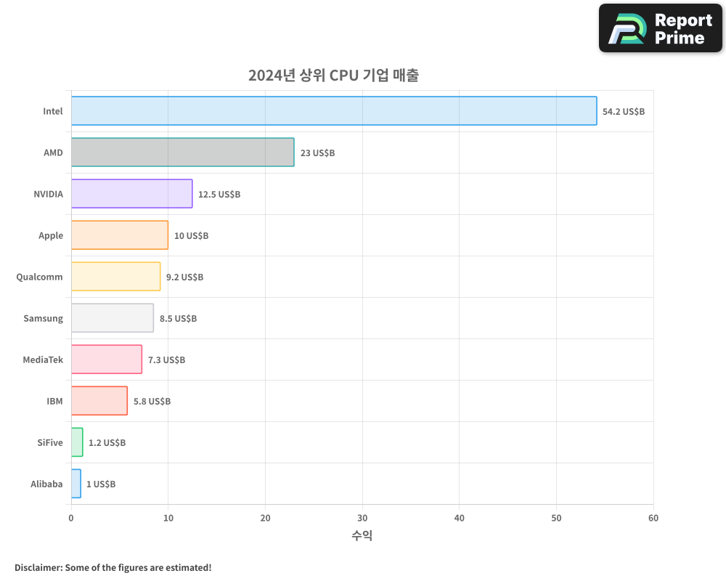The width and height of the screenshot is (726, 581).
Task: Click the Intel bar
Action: click(x=334, y=111)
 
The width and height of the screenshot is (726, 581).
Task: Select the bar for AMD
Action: click(x=182, y=153)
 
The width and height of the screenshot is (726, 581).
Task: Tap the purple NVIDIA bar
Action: click(x=131, y=194)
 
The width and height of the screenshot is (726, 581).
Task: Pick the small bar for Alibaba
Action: click(x=76, y=484)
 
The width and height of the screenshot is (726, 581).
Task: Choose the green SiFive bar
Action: click(x=77, y=442)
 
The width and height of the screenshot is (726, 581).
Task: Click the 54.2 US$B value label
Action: click(x=624, y=112)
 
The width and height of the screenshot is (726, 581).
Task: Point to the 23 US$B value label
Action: click(x=317, y=153)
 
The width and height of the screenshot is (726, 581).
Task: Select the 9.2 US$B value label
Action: click(x=184, y=277)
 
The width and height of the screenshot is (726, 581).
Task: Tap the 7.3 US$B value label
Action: click(x=166, y=360)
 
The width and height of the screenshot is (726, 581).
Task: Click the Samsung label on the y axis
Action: click(x=43, y=318)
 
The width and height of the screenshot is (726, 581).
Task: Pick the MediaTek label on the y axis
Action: click(x=43, y=359)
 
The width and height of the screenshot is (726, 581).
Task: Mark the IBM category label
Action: click(x=54, y=401)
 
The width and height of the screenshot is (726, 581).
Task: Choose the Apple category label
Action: click(x=51, y=235)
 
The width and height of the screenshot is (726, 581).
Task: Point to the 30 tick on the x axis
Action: click(x=362, y=518)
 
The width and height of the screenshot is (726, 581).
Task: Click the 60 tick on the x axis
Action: click(x=653, y=518)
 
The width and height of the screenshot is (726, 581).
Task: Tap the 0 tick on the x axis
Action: click(x=71, y=518)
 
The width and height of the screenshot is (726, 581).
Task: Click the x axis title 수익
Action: click(x=362, y=536)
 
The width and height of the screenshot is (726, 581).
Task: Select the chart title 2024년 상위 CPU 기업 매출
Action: click(x=333, y=75)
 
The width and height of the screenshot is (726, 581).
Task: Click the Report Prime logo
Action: click(x=660, y=28)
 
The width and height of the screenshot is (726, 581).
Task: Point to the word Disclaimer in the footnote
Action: click(x=38, y=567)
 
